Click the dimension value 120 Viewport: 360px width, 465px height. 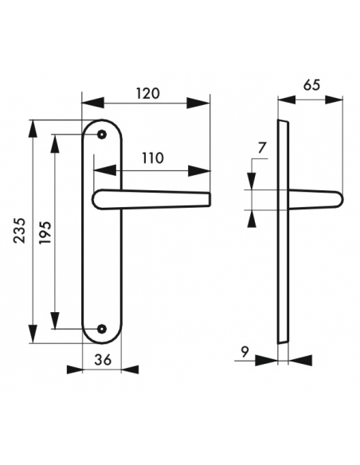tap(147, 93)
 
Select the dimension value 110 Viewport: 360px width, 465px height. tap(152, 158)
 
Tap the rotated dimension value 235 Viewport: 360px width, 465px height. tap(22, 232)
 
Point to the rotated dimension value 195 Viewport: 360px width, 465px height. tap(45, 232)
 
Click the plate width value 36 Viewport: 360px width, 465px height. tap(102, 359)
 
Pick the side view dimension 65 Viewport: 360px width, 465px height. tap(311, 88)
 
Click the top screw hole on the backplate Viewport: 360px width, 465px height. tap(102, 135)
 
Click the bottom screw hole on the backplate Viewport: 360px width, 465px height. tap(102, 328)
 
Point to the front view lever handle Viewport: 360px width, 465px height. tap(151, 198)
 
